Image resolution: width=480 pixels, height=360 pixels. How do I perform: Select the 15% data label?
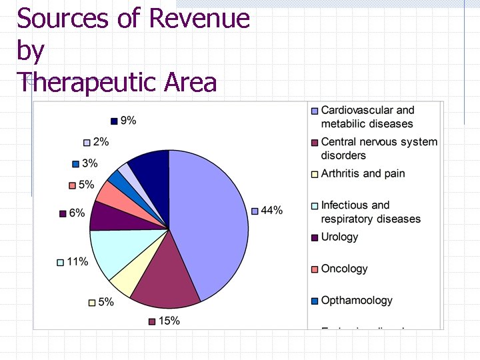point(169,321)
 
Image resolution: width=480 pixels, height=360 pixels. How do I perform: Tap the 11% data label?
point(77,262)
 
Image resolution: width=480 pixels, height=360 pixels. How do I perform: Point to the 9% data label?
point(128,121)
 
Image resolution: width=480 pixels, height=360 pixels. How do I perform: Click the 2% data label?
point(101,142)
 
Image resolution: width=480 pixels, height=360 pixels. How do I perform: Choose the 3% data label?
point(89,163)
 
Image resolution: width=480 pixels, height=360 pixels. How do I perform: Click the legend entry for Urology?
point(339,237)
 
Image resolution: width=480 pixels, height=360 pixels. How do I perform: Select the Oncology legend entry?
point(344,269)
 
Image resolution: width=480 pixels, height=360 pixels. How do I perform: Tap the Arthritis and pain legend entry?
point(363,174)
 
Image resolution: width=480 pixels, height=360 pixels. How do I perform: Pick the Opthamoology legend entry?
point(357,301)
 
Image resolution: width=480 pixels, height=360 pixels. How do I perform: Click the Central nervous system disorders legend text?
point(379,149)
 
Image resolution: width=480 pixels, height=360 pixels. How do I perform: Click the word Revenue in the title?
point(199,18)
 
